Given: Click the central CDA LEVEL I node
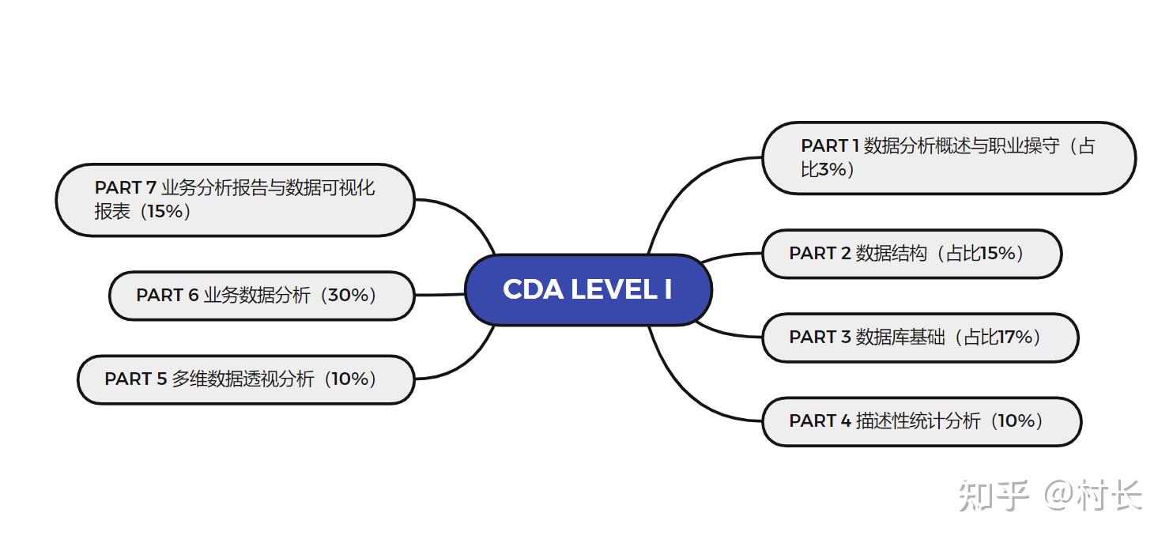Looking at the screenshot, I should (x=588, y=290).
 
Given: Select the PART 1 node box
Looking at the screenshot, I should (x=948, y=158).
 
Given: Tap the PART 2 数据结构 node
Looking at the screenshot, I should (x=911, y=254).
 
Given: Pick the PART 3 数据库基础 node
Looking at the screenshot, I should (x=919, y=337).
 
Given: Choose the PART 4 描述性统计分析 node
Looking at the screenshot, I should (x=921, y=421).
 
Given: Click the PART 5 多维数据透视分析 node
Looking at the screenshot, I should (x=246, y=379).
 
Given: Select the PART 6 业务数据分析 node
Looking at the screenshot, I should (x=261, y=296).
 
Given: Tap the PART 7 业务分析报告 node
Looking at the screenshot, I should (x=235, y=199).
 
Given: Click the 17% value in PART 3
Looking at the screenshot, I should (x=1015, y=337).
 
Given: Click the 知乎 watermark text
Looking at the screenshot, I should (x=992, y=496).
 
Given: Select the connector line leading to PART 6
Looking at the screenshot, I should (x=439, y=295).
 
